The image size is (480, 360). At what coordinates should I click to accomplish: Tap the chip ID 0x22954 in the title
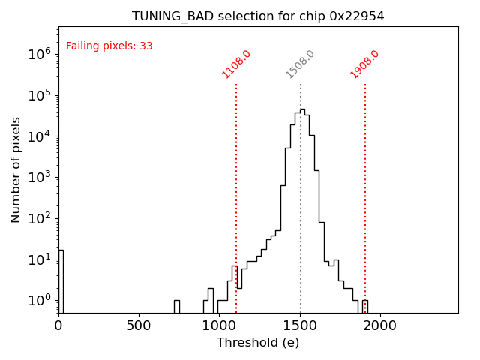pos(357,16)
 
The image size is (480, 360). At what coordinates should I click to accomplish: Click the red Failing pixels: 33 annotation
pos(109,46)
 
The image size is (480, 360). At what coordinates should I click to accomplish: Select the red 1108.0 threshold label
pos(236,64)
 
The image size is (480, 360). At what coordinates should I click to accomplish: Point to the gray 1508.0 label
pos(301,64)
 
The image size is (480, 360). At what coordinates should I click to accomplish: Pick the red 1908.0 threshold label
pos(365,64)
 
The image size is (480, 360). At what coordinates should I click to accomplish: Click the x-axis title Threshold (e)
pos(258,343)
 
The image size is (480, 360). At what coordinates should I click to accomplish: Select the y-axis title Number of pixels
pos(16,169)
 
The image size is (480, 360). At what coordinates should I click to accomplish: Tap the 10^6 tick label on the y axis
pos(38,54)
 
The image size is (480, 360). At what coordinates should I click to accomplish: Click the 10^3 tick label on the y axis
pos(38,178)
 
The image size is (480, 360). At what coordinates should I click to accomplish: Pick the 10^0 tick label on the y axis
pos(38,301)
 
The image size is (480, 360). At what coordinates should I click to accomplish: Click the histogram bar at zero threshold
pos(61,281)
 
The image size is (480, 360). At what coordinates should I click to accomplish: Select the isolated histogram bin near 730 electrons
pos(176,306)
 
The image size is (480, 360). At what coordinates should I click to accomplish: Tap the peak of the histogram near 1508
pos(301,110)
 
